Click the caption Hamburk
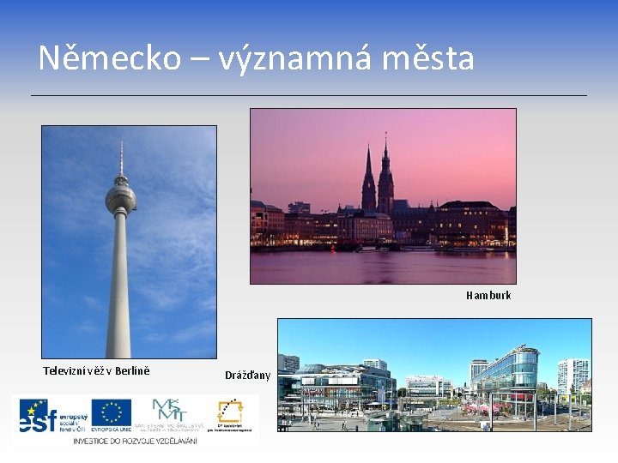[x=488, y=295]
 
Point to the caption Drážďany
[x=247, y=375]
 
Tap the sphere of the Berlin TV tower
[x=120, y=199]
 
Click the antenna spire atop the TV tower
[x=121, y=159]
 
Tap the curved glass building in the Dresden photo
[x=506, y=369]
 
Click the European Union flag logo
[x=111, y=413]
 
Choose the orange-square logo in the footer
[x=229, y=414]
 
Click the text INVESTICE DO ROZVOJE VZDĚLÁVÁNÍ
[x=135, y=440]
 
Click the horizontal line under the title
[x=309, y=94]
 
